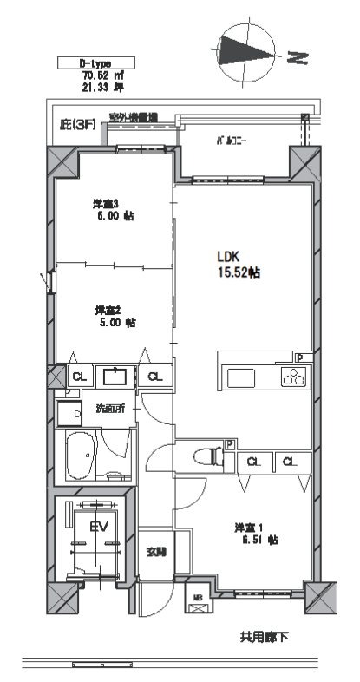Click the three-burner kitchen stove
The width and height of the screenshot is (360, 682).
click(x=292, y=377)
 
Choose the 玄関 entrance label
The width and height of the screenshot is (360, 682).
click(x=156, y=550)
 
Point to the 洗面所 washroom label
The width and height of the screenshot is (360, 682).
click(x=110, y=408)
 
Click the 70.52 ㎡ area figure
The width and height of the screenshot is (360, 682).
click(x=91, y=75)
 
